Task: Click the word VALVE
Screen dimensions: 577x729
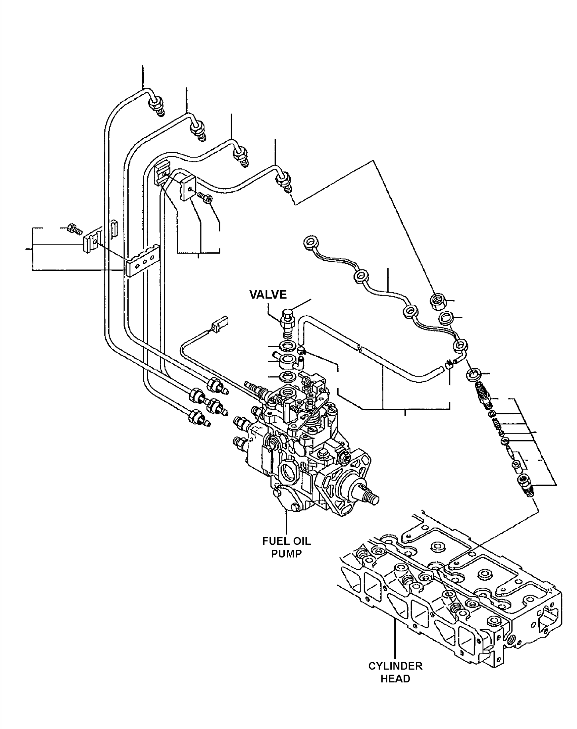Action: (x=268, y=295)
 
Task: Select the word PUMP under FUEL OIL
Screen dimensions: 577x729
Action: (x=287, y=554)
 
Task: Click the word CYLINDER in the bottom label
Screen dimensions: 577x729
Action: (x=395, y=666)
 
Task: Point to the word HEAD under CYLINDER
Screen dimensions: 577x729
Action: (x=395, y=679)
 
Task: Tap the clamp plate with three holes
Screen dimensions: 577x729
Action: (x=142, y=261)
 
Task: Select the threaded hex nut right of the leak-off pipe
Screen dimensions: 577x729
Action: (x=438, y=301)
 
